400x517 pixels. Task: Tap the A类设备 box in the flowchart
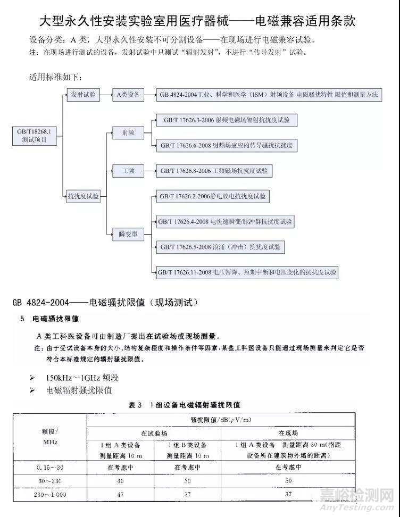point(128,95)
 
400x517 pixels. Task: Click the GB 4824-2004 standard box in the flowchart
point(269,95)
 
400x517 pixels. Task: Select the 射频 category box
point(128,132)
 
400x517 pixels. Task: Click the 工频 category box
point(128,171)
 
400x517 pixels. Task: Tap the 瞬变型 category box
point(128,234)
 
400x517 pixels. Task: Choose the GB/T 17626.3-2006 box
point(226,120)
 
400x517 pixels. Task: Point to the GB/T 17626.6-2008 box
point(226,145)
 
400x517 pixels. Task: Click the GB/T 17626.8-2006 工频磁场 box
point(214,171)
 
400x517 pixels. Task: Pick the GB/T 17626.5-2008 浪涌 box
point(218,247)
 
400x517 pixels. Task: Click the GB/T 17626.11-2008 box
point(247,272)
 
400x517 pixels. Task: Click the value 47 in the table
point(120,495)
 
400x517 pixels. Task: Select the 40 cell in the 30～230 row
point(120,481)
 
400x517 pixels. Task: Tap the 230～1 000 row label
point(50,495)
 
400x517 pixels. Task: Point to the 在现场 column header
point(288,433)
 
